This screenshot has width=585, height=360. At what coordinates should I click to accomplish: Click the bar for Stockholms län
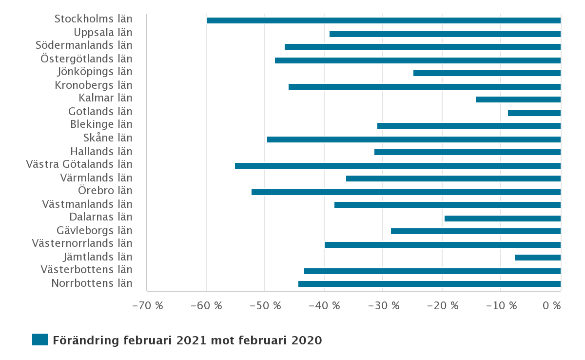coord(384,20)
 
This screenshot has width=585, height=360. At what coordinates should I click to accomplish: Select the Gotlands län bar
coord(534,113)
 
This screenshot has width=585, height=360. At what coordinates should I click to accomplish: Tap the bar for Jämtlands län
coord(538,258)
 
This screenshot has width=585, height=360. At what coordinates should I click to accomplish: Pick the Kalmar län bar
coord(518,100)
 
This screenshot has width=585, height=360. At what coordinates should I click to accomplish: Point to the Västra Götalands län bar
coord(398,166)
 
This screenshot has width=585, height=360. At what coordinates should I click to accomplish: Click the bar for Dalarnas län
coord(503,219)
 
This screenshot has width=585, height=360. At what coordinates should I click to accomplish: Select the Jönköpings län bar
coord(487,73)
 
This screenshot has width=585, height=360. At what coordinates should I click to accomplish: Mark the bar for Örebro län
coord(406,192)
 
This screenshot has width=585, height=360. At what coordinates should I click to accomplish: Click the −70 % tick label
coord(148,305)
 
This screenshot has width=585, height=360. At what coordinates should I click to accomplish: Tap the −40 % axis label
coord(324,305)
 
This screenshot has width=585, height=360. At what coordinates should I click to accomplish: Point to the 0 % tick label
coord(551,305)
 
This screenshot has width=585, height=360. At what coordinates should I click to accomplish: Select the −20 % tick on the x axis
coord(443,305)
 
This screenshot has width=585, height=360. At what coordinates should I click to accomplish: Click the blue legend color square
coord(40,340)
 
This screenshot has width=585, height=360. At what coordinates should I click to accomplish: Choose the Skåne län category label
coord(108,138)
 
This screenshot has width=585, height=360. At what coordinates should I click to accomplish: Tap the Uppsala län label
coord(103,33)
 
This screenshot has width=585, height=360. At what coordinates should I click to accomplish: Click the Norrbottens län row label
coord(92,283)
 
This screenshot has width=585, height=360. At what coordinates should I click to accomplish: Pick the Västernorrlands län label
coord(82,243)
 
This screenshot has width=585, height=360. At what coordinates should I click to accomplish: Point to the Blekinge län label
coord(101,124)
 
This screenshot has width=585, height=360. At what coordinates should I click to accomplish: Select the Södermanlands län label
coord(84,45)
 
